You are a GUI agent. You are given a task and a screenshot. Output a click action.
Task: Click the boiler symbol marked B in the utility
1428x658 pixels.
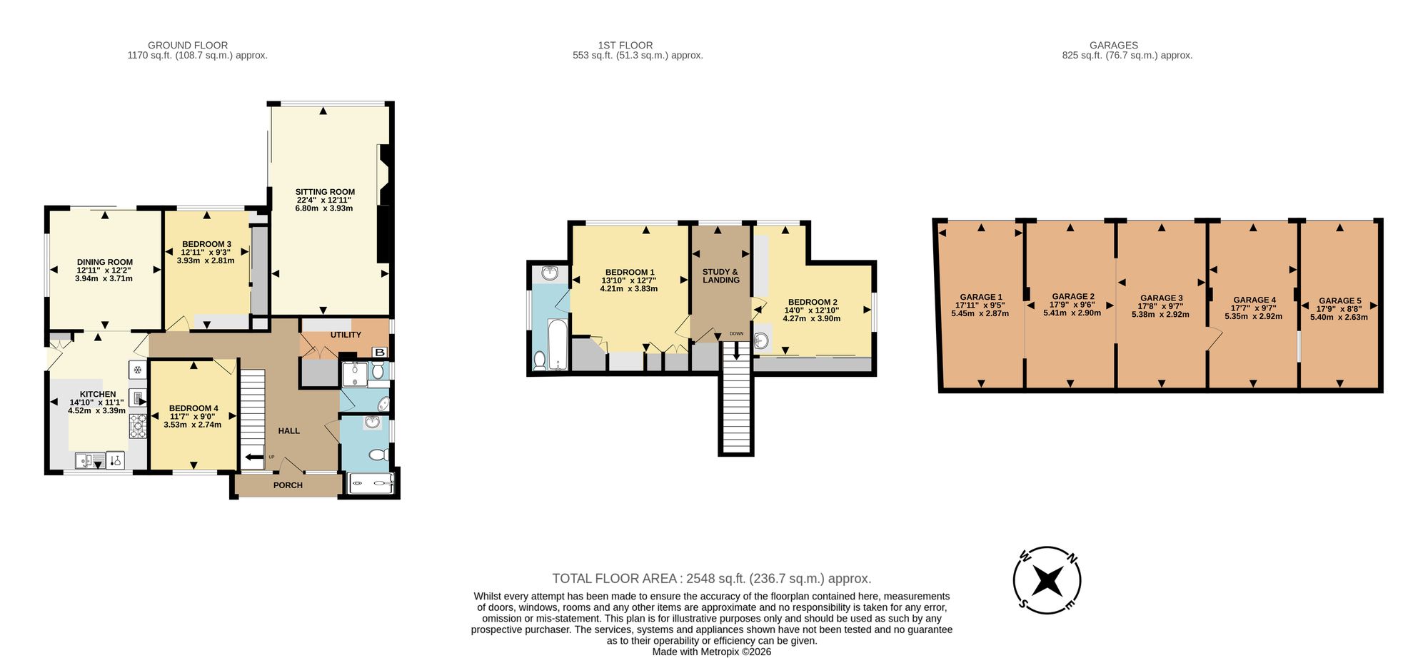[x=380, y=352]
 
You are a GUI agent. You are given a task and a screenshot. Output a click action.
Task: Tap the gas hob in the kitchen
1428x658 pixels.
[x=138, y=425]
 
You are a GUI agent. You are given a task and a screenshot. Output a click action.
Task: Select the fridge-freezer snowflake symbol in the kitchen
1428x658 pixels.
[x=137, y=370]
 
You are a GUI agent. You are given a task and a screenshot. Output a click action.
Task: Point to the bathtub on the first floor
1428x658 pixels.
[x=558, y=344]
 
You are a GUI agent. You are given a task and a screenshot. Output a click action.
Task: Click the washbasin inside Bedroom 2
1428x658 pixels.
[x=762, y=340]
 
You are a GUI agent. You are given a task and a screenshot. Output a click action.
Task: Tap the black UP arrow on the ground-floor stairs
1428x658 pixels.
[x=254, y=457]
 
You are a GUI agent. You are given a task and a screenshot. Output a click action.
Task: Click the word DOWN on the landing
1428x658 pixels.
[x=736, y=333]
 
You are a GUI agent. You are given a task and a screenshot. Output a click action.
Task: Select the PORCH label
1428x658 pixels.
[x=288, y=485]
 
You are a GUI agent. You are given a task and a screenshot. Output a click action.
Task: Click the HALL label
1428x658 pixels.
[x=289, y=431]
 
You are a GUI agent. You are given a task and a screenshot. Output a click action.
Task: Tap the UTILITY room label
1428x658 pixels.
[x=346, y=335]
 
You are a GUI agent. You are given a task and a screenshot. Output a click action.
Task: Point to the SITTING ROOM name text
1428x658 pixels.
[x=325, y=192]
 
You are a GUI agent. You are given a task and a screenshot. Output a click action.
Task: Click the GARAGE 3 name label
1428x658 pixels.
[x=1162, y=298]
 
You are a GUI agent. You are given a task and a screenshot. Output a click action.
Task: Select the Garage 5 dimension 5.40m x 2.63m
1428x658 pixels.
[x=1339, y=317]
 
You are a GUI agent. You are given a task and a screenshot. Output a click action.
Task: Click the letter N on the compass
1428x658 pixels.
[x=1072, y=559]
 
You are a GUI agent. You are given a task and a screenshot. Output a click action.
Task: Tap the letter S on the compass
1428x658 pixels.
[x=1023, y=604]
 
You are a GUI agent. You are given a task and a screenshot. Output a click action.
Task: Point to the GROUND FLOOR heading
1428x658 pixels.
[x=188, y=45]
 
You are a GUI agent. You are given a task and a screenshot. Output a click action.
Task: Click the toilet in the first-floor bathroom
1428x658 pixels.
[x=540, y=360]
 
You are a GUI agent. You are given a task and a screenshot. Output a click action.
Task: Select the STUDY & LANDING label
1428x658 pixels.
[x=720, y=276]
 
